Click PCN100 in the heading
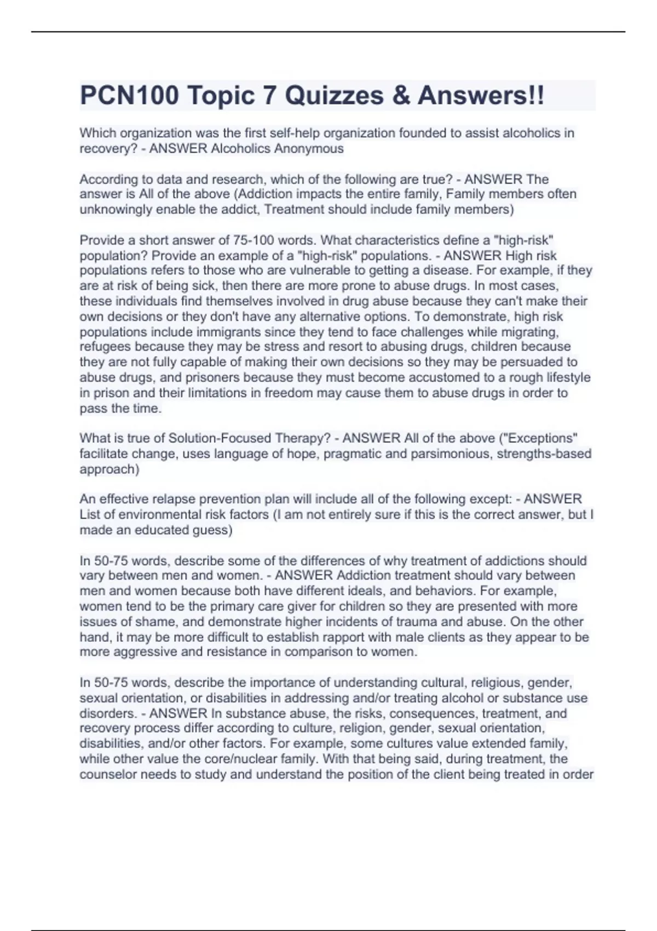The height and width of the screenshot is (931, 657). pyautogui.click(x=129, y=96)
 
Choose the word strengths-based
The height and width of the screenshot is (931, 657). pyautogui.click(x=544, y=453)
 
